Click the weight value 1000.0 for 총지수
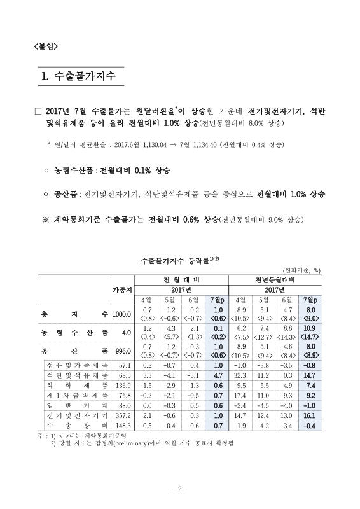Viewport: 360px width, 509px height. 121,314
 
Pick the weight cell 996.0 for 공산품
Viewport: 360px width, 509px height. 121,351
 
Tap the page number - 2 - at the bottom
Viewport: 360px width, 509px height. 180,489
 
